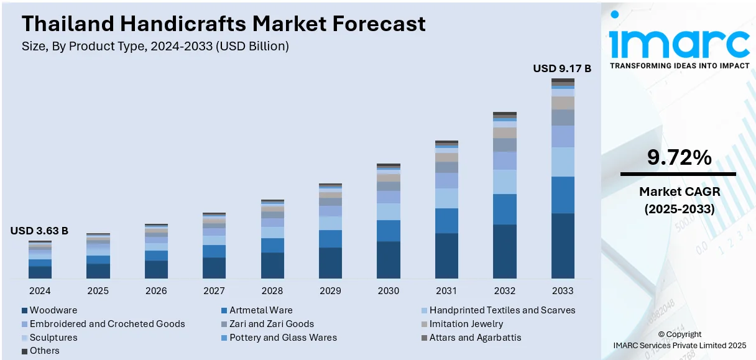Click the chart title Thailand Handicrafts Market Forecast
tap(224, 24)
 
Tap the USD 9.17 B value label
tap(562, 68)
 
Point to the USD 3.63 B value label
tap(39, 231)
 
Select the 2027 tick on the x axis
tap(214, 291)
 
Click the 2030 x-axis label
tap(388, 291)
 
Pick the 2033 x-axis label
tap(562, 291)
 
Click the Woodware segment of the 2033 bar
tap(563, 246)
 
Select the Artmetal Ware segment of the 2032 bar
tap(504, 209)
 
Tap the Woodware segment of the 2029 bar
tap(330, 262)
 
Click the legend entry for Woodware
tap(53, 310)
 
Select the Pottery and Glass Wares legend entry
tap(283, 338)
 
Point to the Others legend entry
tap(44, 351)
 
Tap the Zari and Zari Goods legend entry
tap(272, 324)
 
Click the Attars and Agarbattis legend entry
tap(475, 338)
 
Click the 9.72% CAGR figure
tap(679, 158)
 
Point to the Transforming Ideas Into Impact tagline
tap(679, 65)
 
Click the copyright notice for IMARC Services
tap(679, 339)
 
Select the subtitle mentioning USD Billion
tap(155, 46)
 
